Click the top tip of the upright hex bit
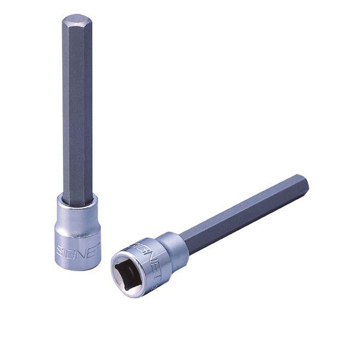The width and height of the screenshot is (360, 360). point(77,17)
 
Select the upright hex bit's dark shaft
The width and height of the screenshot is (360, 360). point(78,108)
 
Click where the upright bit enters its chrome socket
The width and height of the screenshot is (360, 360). point(78,202)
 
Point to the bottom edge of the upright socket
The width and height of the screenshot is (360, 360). point(78,268)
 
